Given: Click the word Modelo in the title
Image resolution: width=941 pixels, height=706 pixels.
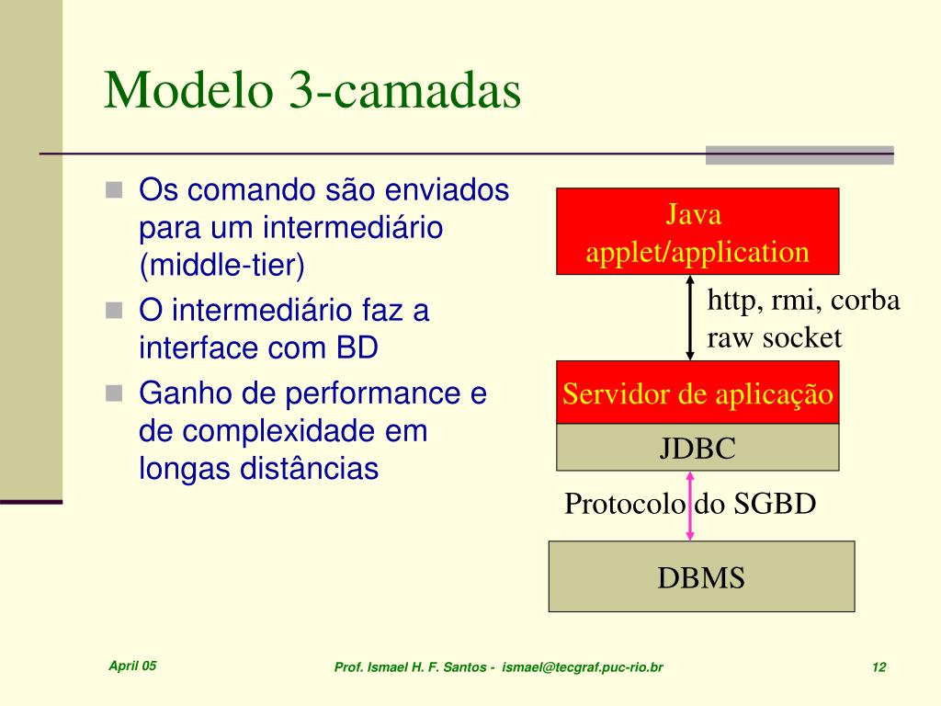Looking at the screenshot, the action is (188, 90).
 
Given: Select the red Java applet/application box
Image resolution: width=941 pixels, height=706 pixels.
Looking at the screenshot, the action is (697, 231).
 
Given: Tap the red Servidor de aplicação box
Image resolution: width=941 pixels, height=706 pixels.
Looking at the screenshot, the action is (697, 393).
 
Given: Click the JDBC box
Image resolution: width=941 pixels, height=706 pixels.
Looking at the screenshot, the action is (697, 448).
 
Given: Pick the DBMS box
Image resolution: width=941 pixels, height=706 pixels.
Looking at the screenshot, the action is (701, 576).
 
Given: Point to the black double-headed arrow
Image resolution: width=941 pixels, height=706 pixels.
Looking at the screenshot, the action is (689, 317).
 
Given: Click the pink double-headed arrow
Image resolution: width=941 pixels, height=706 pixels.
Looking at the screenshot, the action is (689, 507).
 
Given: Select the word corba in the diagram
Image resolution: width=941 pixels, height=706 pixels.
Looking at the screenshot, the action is (865, 300).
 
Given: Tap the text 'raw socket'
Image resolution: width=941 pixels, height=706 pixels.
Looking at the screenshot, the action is (774, 337).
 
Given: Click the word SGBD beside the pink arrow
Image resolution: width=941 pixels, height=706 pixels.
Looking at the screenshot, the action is (775, 503).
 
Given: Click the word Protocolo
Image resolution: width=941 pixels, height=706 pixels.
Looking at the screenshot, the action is (624, 503).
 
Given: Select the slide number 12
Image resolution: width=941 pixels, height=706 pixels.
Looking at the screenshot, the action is (879, 667).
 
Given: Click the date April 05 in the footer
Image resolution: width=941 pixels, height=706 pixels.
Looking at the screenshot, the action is (132, 666).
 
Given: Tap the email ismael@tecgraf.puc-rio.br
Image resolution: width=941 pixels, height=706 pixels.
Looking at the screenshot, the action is (582, 667).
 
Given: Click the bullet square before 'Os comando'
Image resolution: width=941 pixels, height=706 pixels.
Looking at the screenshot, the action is (114, 189).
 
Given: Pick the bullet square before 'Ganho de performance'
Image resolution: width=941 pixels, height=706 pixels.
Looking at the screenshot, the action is (114, 393).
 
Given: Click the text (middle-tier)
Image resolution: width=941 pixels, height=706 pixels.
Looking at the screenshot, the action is (222, 265).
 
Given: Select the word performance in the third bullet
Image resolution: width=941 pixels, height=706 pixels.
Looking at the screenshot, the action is (373, 393).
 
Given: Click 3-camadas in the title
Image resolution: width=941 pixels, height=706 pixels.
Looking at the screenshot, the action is (405, 90).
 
